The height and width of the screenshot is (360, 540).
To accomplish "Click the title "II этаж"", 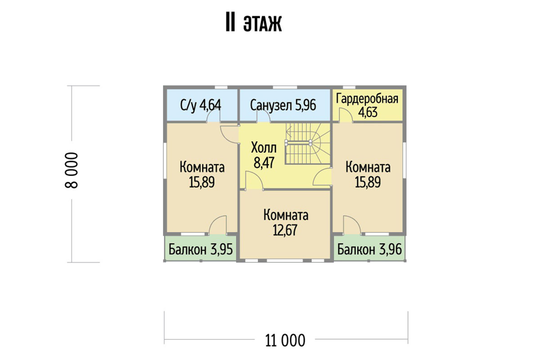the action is [254, 24].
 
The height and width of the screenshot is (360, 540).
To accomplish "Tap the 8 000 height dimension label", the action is [72, 170].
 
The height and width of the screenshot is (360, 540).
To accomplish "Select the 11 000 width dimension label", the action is [285, 341].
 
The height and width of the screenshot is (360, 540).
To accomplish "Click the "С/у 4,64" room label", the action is [201, 105].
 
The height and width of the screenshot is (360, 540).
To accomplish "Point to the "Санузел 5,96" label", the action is [283, 105].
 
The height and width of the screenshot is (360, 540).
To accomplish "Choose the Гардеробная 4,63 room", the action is [367, 105].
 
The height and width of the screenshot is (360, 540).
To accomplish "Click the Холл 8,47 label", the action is [264, 155].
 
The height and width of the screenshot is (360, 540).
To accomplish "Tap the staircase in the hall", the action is [308, 144].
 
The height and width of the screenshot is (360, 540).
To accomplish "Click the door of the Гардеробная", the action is [346, 116].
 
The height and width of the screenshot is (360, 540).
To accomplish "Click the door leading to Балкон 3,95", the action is [218, 225].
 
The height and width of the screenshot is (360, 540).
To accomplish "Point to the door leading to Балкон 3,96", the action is [352, 225].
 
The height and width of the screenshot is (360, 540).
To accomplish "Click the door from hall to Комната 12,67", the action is [254, 180].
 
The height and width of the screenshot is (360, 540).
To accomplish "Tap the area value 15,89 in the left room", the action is [202, 182].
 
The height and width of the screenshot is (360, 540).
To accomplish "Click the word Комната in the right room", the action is [368, 167].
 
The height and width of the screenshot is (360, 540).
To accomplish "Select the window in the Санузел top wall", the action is [285, 87].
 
